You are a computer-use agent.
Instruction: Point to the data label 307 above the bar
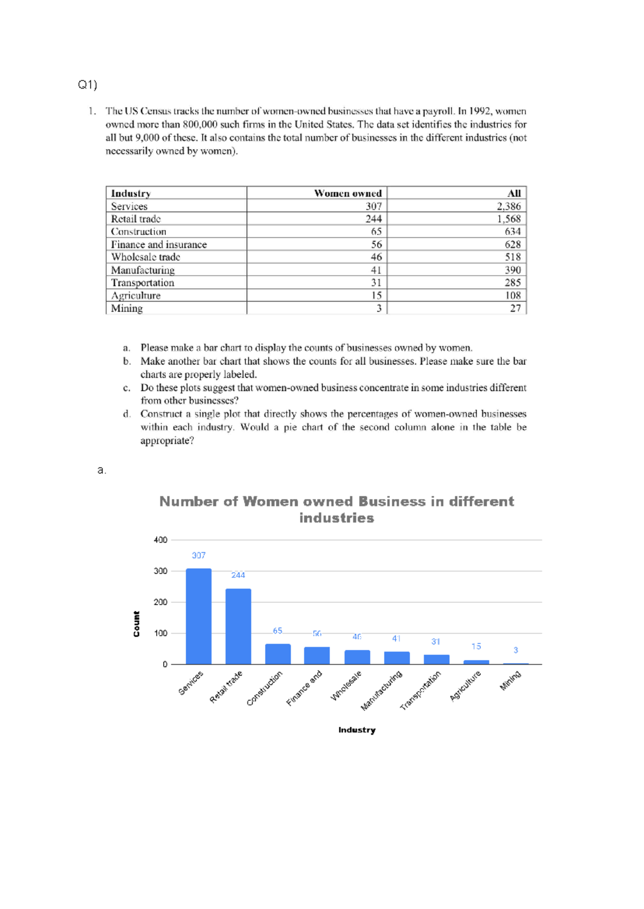pyautogui.click(x=199, y=555)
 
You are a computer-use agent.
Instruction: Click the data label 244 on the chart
pyautogui.click(x=238, y=575)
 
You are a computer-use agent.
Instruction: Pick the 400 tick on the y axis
pyautogui.click(x=160, y=540)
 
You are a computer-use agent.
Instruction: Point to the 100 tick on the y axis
pyautogui.click(x=160, y=633)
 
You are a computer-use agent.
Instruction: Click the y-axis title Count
pyautogui.click(x=136, y=624)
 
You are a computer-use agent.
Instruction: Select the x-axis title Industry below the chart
pyautogui.click(x=357, y=730)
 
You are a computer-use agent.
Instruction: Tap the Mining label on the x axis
pyautogui.click(x=510, y=681)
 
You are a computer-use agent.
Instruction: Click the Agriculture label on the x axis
pyautogui.click(x=465, y=685)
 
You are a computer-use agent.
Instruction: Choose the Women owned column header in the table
pyautogui.click(x=348, y=193)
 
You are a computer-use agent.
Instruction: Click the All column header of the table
pyautogui.click(x=514, y=193)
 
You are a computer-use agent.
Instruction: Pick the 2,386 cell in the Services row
pyautogui.click(x=508, y=206)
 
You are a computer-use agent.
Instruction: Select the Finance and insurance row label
pyautogui.click(x=159, y=244)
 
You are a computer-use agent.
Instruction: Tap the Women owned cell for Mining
pyautogui.click(x=379, y=308)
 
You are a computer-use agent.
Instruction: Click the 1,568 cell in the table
pyautogui.click(x=508, y=219)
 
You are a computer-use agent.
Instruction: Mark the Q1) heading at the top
pyautogui.click(x=87, y=85)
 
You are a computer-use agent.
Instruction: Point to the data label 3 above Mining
pyautogui.click(x=516, y=650)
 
